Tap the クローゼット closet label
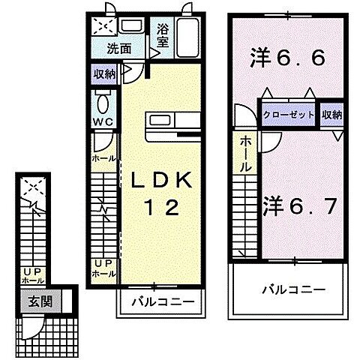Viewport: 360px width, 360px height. (x=288, y=115)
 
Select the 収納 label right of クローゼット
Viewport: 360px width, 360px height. (x=331, y=115)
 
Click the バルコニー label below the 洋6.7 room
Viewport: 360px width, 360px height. (x=293, y=288)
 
